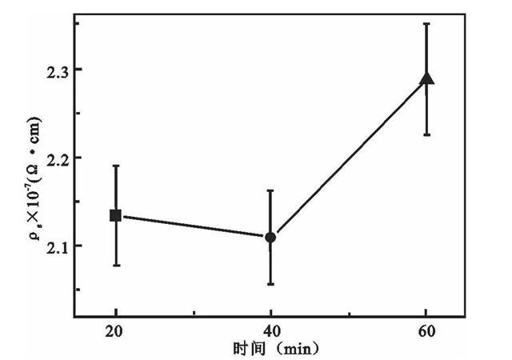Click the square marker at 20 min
click(116, 215)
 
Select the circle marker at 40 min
click(270, 237)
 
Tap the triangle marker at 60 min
click(426, 78)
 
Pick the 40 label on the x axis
click(271, 331)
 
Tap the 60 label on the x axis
click(426, 331)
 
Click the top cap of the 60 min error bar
click(426, 24)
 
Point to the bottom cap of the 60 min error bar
click(426, 134)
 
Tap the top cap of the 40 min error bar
click(270, 190)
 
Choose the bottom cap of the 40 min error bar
click(270, 284)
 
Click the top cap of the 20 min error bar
click(116, 166)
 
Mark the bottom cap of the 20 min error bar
click(116, 265)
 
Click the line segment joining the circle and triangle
click(349, 158)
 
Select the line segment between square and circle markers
click(194, 226)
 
